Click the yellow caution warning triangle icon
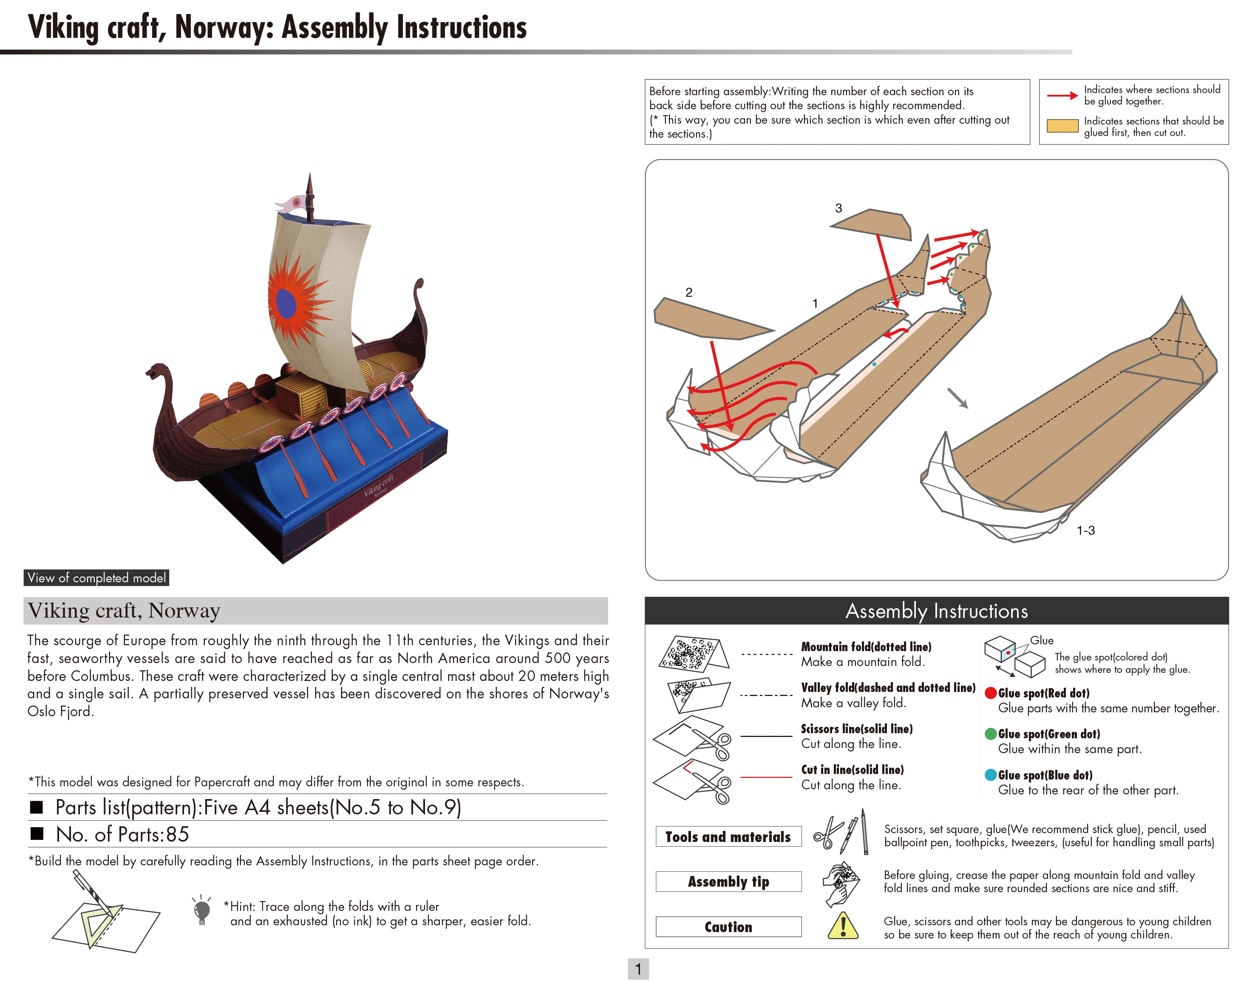click(843, 926)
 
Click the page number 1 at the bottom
click(638, 969)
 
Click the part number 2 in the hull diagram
click(688, 292)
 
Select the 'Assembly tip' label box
click(728, 882)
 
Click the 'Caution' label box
click(728, 927)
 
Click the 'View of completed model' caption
click(96, 578)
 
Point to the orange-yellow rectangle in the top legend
click(1062, 126)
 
